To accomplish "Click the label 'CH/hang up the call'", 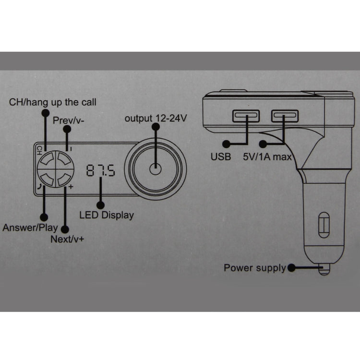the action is point(53,102).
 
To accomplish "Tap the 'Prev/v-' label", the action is point(68,120).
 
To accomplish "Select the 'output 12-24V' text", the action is point(156,119).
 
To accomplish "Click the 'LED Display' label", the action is point(107,216).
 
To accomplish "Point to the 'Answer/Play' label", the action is point(30,228).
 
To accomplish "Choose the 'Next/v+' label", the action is point(67,239).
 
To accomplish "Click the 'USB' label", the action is point(221,157).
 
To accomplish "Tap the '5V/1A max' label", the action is point(267,157).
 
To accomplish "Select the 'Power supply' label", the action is point(255,268).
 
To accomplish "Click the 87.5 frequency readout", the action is point(101,170).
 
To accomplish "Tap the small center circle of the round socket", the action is point(156,169).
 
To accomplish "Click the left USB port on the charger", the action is point(246,116).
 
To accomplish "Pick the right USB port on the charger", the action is point(285,116).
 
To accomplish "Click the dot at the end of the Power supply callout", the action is point(291,268).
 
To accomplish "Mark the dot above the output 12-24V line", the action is point(156,127).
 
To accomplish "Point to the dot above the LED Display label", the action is point(101,205).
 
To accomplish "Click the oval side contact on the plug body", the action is point(324,225).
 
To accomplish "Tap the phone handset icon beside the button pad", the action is point(40,187).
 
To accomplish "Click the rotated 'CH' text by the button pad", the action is point(39,150).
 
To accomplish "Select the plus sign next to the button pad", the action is point(71,187).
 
